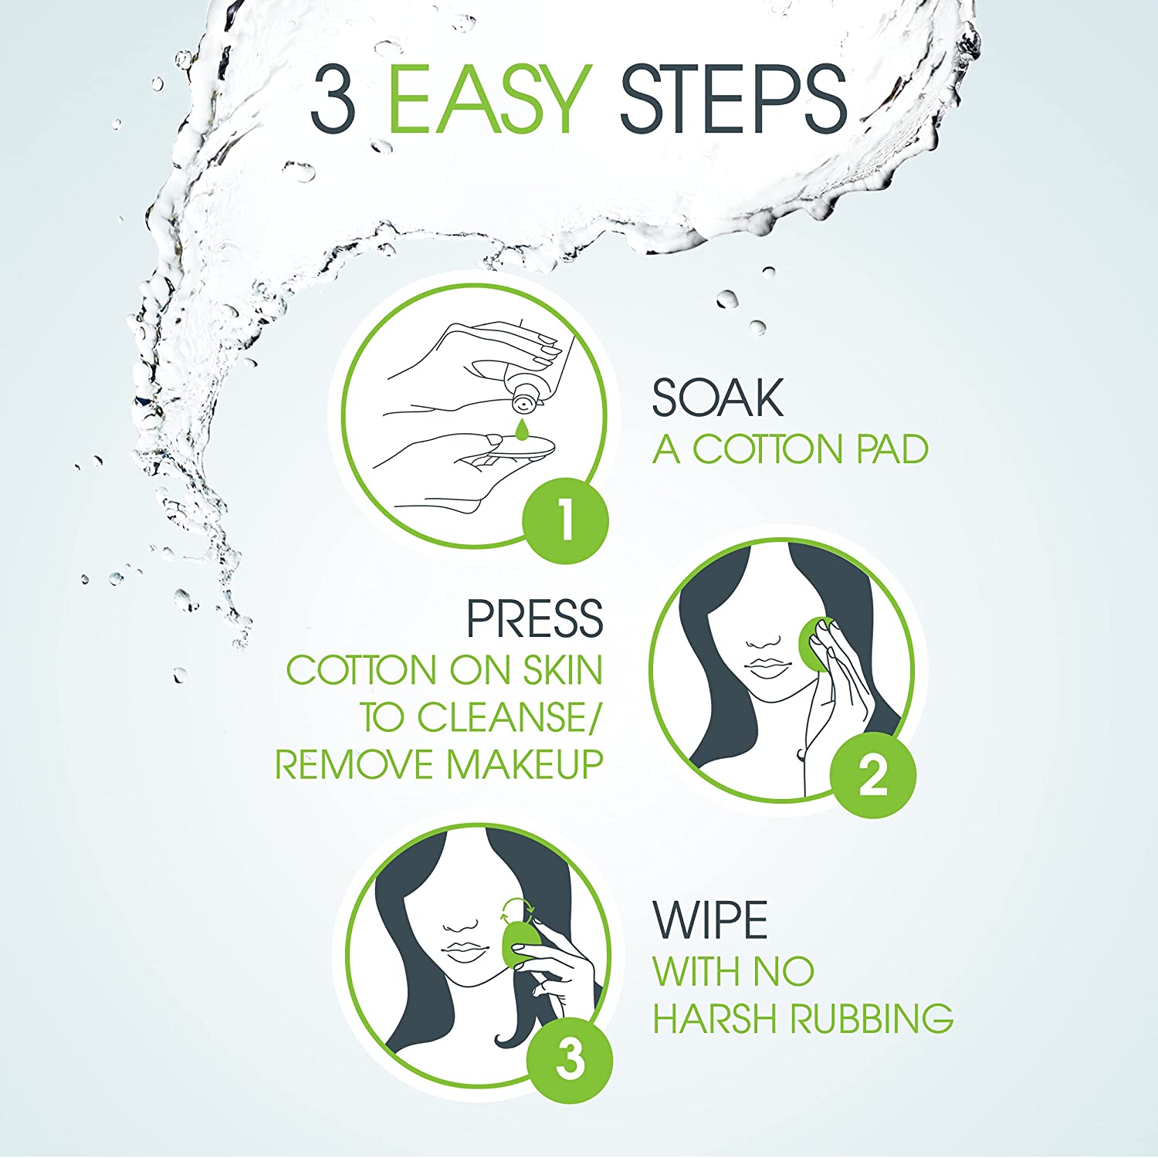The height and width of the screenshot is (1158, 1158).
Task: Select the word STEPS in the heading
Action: click(x=733, y=98)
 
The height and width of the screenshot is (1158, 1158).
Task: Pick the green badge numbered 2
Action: click(x=873, y=774)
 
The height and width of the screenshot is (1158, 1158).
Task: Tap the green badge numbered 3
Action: click(x=570, y=1059)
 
